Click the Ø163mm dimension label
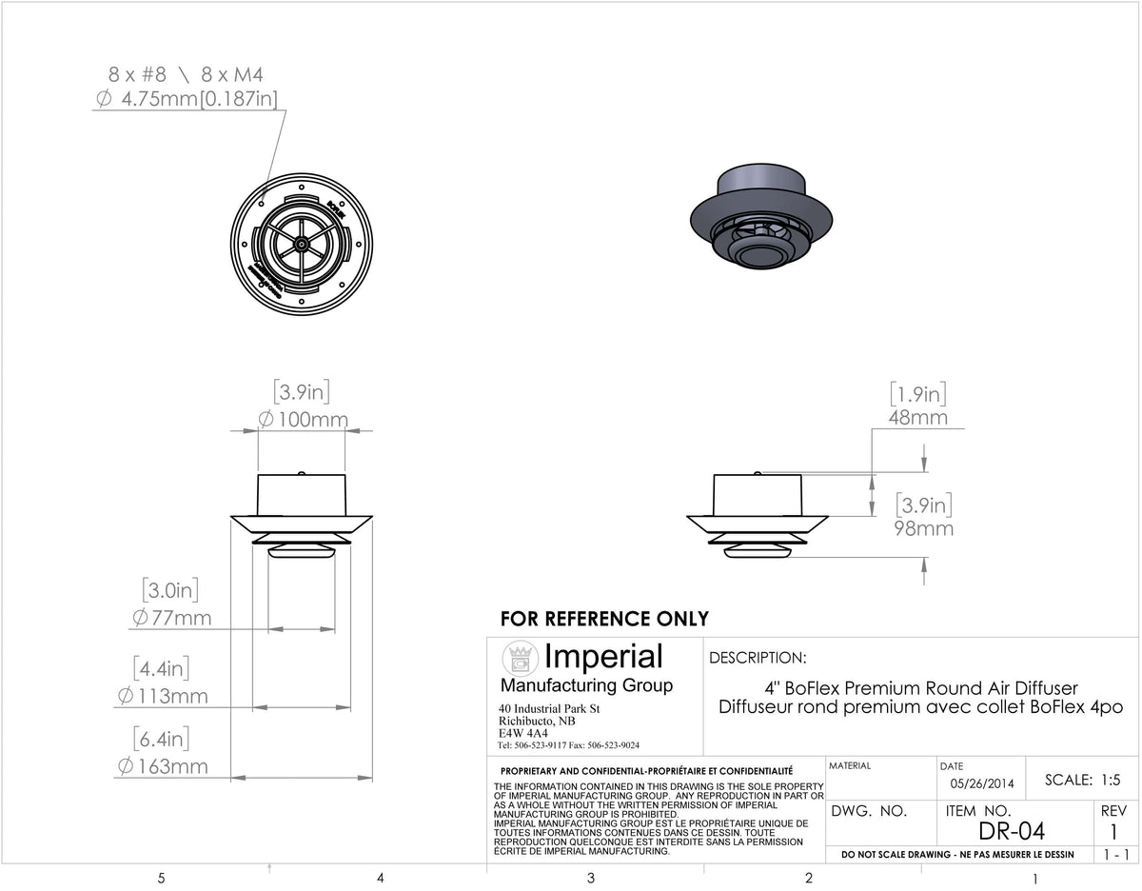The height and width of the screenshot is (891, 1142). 163,766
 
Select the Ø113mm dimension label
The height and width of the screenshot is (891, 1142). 163,696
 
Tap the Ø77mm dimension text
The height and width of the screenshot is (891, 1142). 172,619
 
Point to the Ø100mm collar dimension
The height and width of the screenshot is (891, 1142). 304,420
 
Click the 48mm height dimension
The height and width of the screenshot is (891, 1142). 918,418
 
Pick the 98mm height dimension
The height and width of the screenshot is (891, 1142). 922,528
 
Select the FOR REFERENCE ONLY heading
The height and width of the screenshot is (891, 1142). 604,619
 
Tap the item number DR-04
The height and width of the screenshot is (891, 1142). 1011,831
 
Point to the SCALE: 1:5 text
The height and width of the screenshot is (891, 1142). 1083,780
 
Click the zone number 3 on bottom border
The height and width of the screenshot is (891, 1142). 591,877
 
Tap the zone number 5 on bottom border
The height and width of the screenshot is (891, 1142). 161,877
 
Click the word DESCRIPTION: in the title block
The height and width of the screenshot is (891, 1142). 758,657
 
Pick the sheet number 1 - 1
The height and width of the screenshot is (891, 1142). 1115,855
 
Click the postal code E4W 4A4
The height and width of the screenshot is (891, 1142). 522,733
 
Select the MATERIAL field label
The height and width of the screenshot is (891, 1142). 850,765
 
